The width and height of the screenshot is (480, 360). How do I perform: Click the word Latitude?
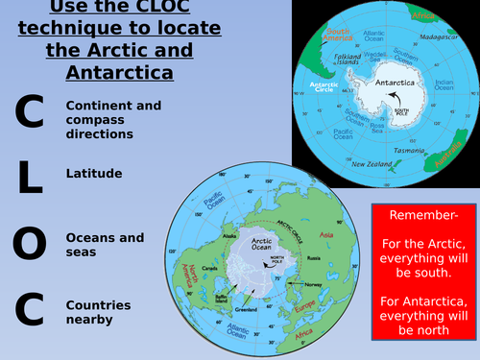pyautogui.click(x=94, y=174)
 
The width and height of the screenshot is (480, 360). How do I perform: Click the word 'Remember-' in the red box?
pyautogui.click(x=421, y=215)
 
